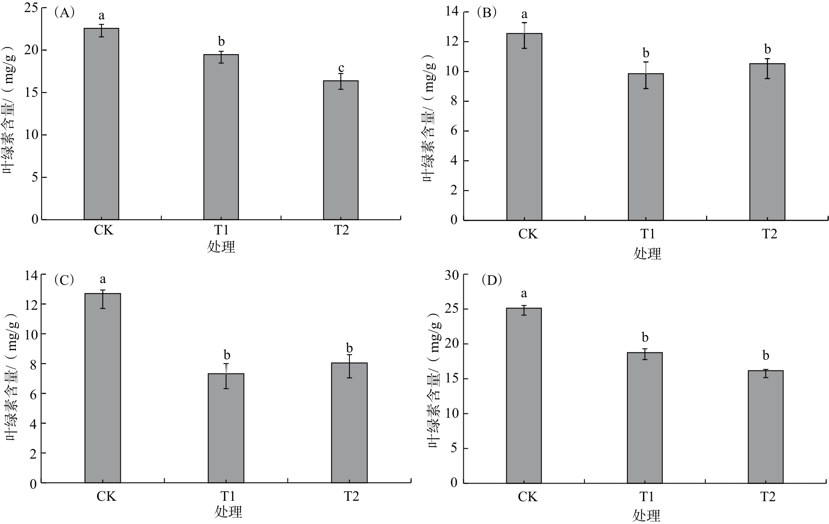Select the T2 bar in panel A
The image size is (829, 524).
pos(341,150)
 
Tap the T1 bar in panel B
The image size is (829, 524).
pos(645,147)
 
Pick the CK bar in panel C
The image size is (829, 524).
pos(103,388)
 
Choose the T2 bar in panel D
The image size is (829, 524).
pos(765,426)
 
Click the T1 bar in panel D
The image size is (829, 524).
pos(645,417)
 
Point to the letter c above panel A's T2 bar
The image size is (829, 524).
pos(341,68)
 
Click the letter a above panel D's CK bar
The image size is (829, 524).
pos(524,294)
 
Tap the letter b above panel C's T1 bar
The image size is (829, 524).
pos(227,355)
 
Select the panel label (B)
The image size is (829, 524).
pos(487,13)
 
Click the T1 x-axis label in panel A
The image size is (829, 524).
pos(221,231)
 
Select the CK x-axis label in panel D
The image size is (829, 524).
pos(527,497)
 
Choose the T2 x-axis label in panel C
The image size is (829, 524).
pos(351,497)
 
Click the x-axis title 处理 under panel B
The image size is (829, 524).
pos(647,253)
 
